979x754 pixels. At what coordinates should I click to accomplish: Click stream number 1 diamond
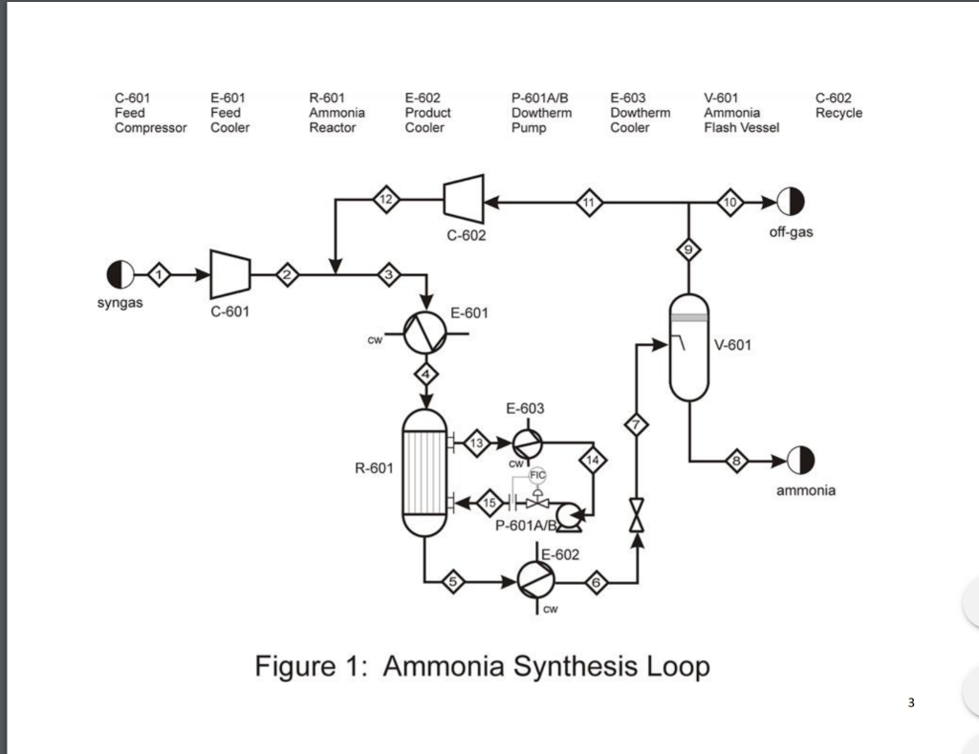tap(160, 274)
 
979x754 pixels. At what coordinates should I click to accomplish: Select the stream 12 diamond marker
tap(386, 200)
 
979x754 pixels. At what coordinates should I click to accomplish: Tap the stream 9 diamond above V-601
tap(688, 250)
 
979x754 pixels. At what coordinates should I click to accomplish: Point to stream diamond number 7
tap(636, 425)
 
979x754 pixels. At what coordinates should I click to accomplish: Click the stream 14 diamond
tap(593, 461)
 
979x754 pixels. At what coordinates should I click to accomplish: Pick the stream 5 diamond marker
tap(453, 582)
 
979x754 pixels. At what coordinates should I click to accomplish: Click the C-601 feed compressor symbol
tap(230, 274)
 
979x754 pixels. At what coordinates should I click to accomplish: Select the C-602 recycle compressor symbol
tap(464, 199)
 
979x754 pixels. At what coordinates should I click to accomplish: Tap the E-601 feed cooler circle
tap(425, 333)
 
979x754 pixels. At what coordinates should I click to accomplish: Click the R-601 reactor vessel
tap(424, 472)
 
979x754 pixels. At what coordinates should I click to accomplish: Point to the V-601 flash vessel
tap(688, 348)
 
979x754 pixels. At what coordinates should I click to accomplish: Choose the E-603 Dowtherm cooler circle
tap(528, 443)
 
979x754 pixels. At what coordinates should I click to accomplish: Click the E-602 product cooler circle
tap(535, 580)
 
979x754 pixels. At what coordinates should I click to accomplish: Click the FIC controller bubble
tap(537, 476)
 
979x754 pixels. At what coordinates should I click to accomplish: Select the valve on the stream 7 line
tap(636, 515)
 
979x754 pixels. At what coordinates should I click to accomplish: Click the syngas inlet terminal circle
tap(120, 274)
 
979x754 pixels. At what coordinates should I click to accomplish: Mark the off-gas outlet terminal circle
tap(791, 201)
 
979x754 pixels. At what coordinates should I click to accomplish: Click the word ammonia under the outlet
tap(805, 490)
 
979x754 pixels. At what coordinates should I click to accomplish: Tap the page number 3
tap(911, 702)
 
